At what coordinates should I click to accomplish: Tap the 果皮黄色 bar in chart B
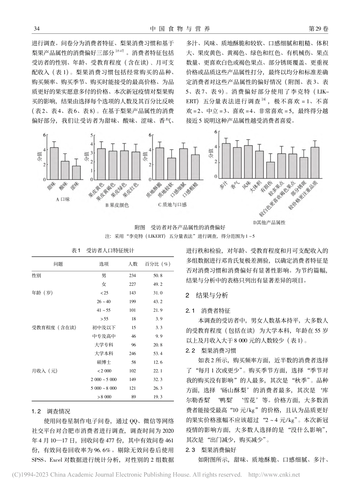(101, 164)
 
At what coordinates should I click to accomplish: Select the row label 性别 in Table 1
(37, 276)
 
